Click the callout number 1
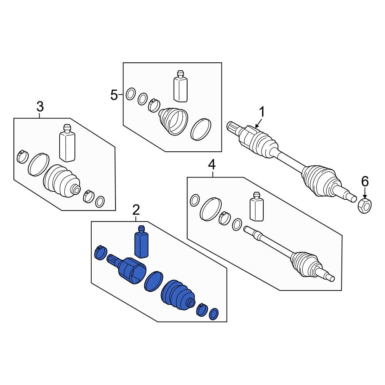262,112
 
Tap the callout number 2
136,210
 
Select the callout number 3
40,107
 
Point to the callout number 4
212,165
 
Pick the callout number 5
114,95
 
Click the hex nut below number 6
365,206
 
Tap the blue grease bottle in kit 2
141,242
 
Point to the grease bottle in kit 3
67,143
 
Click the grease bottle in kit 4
256,206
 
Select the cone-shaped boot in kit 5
173,121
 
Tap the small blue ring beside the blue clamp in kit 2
214,314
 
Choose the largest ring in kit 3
38,165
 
